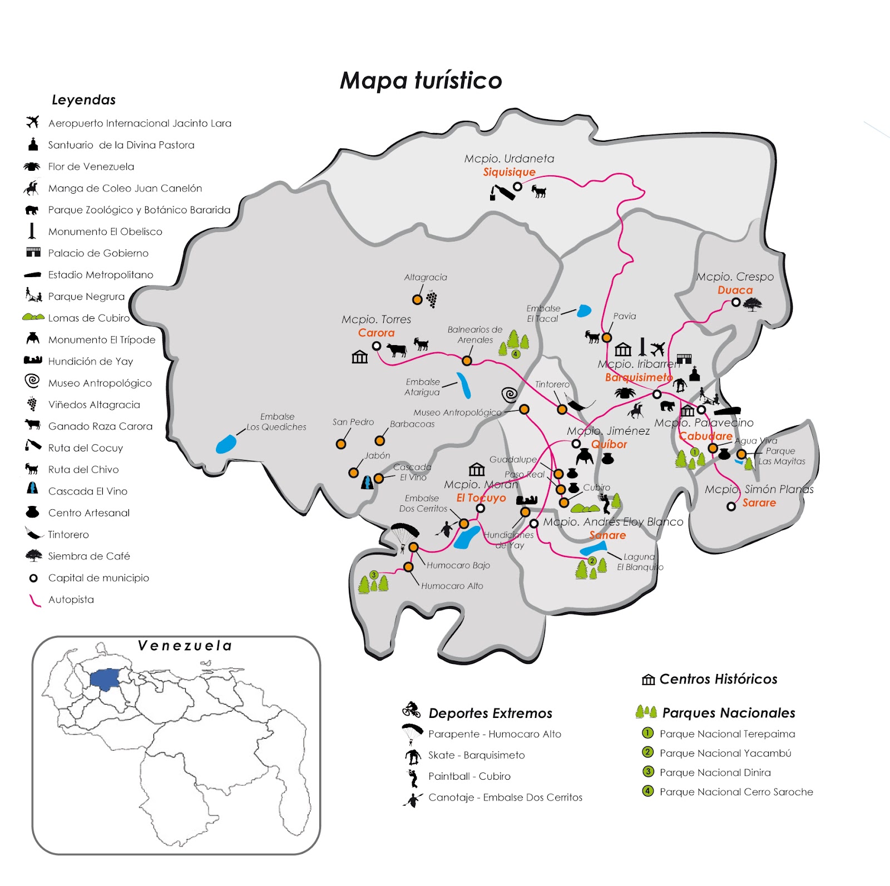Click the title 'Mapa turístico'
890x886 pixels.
pyautogui.click(x=421, y=81)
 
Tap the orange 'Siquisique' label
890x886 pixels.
pyautogui.click(x=509, y=172)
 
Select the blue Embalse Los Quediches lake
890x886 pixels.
pyautogui.click(x=226, y=444)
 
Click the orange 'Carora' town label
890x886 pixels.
pyautogui.click(x=376, y=333)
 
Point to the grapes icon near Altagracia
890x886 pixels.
pyautogui.click(x=432, y=299)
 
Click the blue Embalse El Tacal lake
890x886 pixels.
pyautogui.click(x=584, y=311)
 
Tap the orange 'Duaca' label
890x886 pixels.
pyautogui.click(x=735, y=290)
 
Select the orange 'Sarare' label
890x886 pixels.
pyautogui.click(x=759, y=503)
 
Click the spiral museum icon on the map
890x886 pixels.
pyautogui.click(x=510, y=395)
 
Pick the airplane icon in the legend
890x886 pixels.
pyautogui.click(x=33, y=122)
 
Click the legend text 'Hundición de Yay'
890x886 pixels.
pyautogui.click(x=91, y=361)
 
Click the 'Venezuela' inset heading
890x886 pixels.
pyautogui.click(x=185, y=646)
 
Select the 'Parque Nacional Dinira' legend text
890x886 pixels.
pyautogui.click(x=715, y=772)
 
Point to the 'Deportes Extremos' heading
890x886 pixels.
pyautogui.click(x=490, y=713)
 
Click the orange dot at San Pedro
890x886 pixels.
pyautogui.click(x=341, y=444)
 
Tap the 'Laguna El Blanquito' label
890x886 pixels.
pyautogui.click(x=640, y=562)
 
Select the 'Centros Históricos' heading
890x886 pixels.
pyautogui.click(x=718, y=679)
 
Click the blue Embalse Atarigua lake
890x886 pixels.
pyautogui.click(x=464, y=386)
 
